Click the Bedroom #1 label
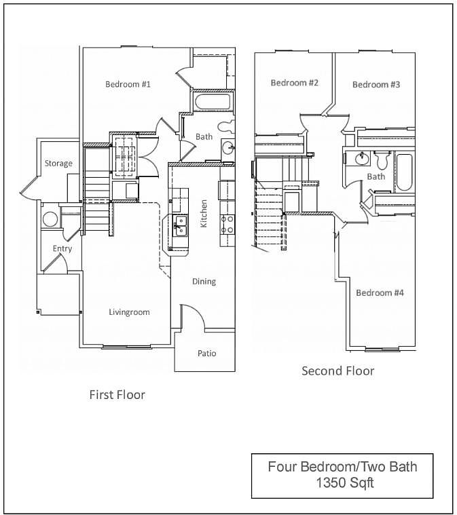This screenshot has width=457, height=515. click(128, 84)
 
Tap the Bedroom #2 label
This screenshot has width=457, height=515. click(295, 82)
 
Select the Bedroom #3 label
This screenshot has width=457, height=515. click(376, 84)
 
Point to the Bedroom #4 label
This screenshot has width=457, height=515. click(380, 292)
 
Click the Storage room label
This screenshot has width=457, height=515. click(58, 164)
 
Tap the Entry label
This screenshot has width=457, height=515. click(62, 248)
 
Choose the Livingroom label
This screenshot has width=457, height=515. click(129, 312)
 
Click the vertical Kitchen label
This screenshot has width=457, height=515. click(204, 214)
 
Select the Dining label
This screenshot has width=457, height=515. click(204, 282)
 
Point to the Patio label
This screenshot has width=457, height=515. click(207, 353)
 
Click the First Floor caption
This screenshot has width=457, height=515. click(117, 394)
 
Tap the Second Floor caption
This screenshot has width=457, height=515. click(338, 370)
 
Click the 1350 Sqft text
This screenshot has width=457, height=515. click(345, 483)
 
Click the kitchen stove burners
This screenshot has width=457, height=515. click(227, 225)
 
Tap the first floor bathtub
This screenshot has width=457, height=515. click(213, 102)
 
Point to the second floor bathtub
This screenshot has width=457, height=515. click(404, 172)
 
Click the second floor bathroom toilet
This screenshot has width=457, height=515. click(382, 160)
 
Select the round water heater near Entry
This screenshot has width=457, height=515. click(50, 219)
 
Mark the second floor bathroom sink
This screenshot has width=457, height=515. click(361, 159)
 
